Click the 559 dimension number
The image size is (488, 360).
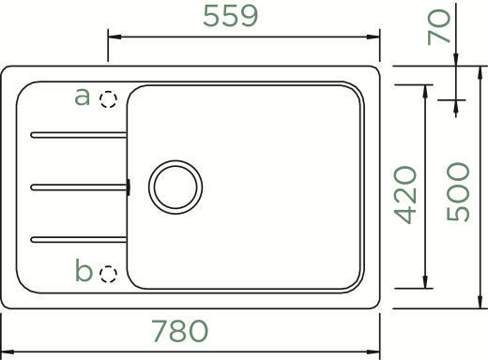coord(231,16)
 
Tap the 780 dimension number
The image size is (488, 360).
coord(180,331)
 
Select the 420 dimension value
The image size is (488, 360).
coord(405,195)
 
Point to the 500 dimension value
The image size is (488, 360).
coord(458,192)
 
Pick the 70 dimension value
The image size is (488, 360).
coord(439,27)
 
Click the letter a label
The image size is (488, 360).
coord(82,97)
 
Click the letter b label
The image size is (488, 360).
coord(84,270)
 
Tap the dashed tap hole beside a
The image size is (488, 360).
coord(108,99)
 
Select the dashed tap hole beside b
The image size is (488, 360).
coord(108,275)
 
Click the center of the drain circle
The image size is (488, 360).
coord(175,187)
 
